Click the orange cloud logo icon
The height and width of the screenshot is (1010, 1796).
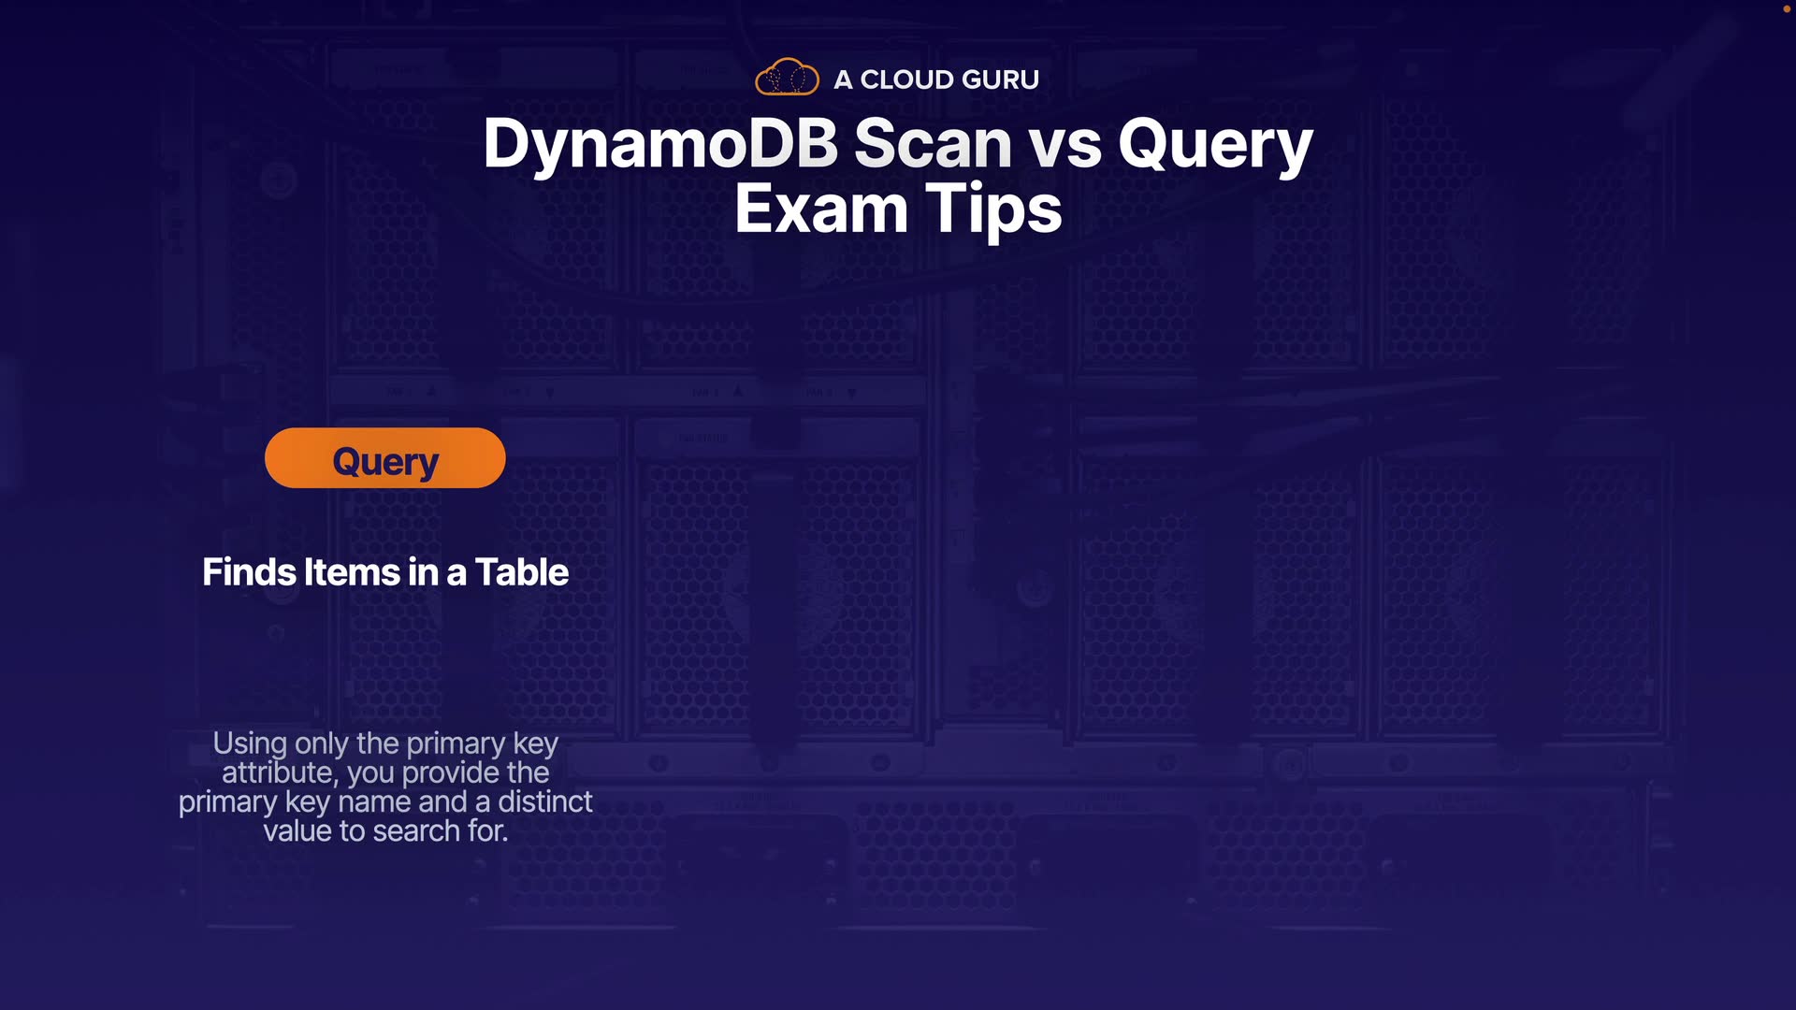tap(787, 77)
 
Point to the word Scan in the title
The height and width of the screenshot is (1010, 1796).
tap(933, 144)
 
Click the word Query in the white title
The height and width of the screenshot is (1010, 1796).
tap(1216, 148)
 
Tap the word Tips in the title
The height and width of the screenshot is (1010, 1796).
tap(993, 211)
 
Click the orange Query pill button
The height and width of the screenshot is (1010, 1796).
tap(385, 458)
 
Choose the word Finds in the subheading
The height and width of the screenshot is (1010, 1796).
tap(250, 572)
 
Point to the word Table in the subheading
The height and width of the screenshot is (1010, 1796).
tap(521, 572)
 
